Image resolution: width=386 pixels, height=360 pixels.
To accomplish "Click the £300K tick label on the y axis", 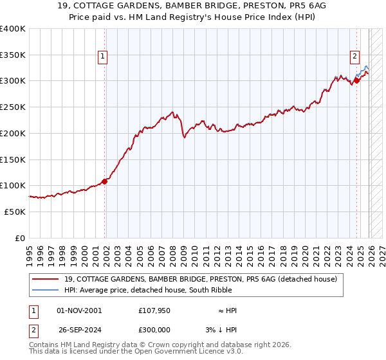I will pyautogui.click(x=13, y=81).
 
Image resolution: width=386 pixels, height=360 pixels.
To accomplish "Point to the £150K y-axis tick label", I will pyautogui.click(x=13, y=159).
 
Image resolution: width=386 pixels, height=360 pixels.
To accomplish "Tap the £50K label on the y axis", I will pyautogui.click(x=15, y=212).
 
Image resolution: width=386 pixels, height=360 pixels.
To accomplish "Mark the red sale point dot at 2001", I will pyautogui.click(x=104, y=181).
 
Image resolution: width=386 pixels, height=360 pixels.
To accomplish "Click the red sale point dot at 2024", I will pyautogui.click(x=356, y=81).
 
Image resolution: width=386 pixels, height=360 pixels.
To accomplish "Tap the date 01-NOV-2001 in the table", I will pyautogui.click(x=79, y=310).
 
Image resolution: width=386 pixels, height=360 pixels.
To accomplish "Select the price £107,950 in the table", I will pyautogui.click(x=154, y=310).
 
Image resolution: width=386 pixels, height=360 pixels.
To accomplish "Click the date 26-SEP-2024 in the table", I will pyautogui.click(x=79, y=329).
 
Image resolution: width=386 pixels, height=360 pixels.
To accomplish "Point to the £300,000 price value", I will pyautogui.click(x=154, y=329).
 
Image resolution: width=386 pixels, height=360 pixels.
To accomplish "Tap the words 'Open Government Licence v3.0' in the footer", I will pyautogui.click(x=187, y=353).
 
